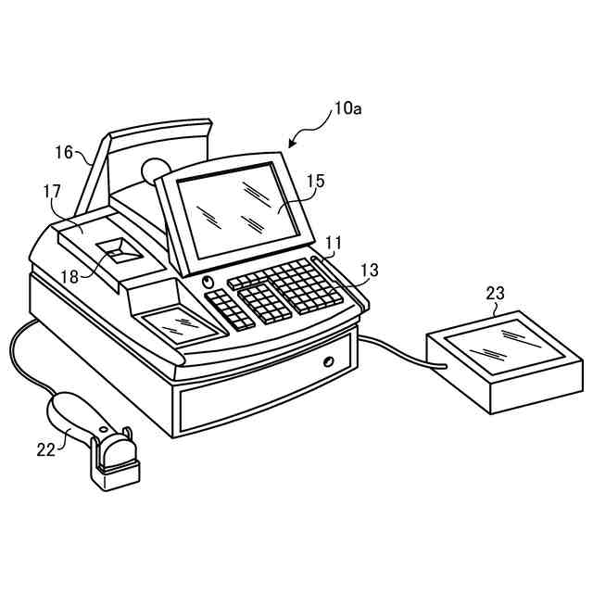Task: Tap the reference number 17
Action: click(52, 192)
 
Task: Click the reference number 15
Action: click(316, 182)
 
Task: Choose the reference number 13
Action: click(369, 270)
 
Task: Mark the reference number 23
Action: click(496, 293)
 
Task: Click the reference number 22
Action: click(46, 449)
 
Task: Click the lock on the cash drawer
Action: click(328, 360)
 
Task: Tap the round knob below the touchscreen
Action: click(207, 282)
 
